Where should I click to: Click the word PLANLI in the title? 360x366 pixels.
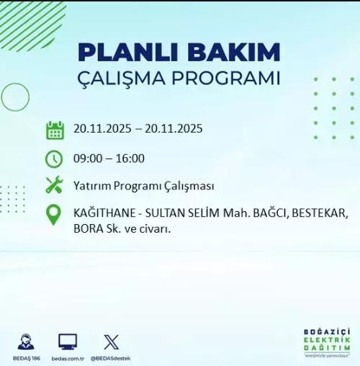(120, 53)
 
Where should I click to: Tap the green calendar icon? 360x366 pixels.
(55, 130)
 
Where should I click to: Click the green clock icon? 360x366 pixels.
(54, 159)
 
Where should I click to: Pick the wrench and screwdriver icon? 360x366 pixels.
(54, 185)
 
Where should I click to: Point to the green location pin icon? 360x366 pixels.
(54, 215)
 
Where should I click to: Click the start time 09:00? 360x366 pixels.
(87, 159)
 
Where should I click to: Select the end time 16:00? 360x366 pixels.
(130, 159)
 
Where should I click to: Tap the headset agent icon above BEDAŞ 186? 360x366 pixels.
(26, 342)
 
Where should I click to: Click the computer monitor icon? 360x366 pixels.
(68, 342)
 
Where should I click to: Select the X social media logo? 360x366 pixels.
(111, 342)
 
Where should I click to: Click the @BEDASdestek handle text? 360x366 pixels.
(111, 358)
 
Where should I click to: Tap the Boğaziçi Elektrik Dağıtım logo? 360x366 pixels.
(326, 343)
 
